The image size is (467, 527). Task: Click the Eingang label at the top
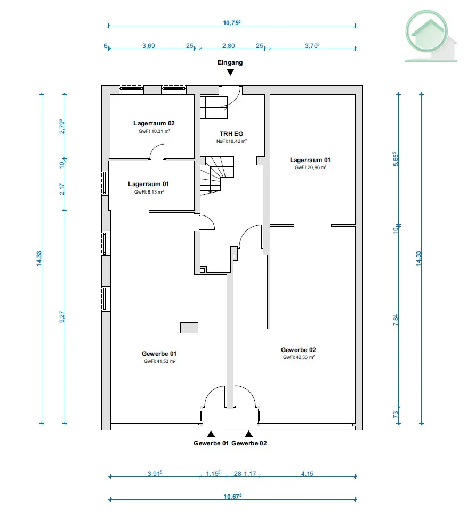click(x=230, y=62)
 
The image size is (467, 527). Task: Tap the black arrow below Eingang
click(x=230, y=72)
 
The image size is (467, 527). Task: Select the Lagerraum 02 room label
click(x=154, y=123)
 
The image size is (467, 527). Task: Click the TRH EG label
click(x=231, y=134)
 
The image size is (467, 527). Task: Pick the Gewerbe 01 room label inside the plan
click(x=159, y=354)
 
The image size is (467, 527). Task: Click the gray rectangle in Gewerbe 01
click(x=189, y=328)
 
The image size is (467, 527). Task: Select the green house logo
click(x=430, y=36)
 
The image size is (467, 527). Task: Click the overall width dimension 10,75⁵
click(x=232, y=22)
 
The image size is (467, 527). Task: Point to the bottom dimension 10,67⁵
click(x=232, y=496)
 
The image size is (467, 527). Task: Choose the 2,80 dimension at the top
click(x=229, y=46)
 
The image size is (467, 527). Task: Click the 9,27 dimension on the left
click(x=62, y=317)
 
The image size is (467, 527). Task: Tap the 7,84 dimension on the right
click(x=396, y=320)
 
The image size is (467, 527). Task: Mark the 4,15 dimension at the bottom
click(x=307, y=474)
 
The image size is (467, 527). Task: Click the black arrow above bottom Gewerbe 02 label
click(x=248, y=434)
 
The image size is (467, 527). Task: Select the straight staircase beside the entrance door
click(x=214, y=107)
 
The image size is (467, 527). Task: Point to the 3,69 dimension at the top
click(x=149, y=46)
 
